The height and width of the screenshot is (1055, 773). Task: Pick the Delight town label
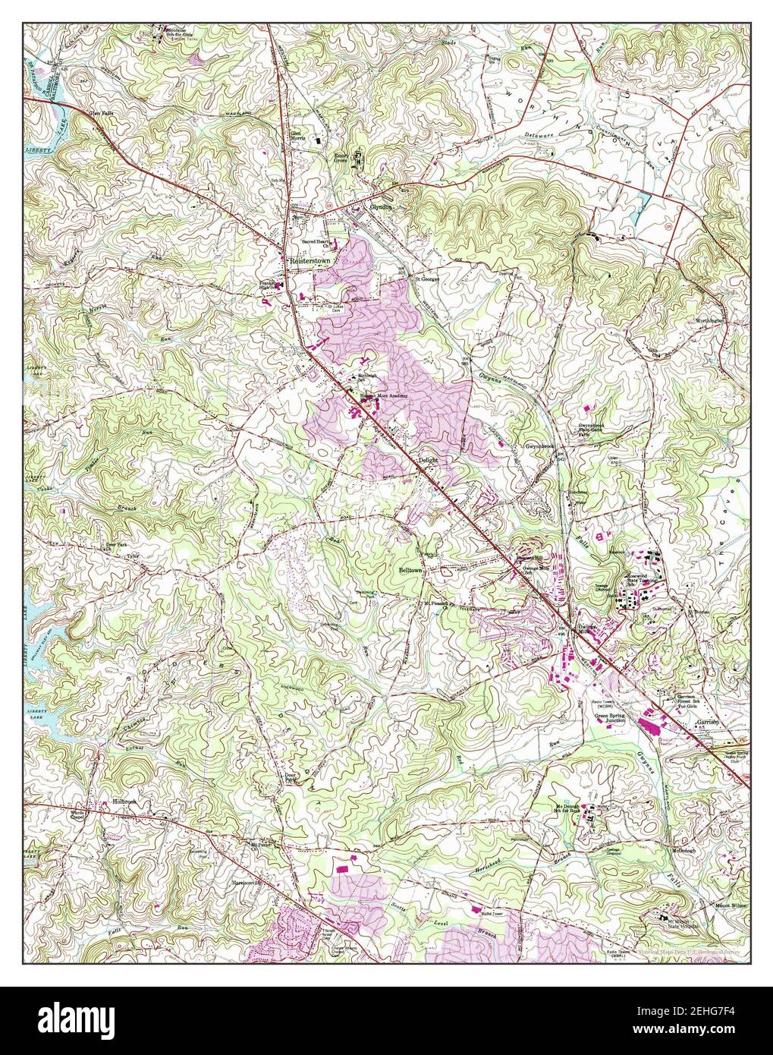pos(429,460)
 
